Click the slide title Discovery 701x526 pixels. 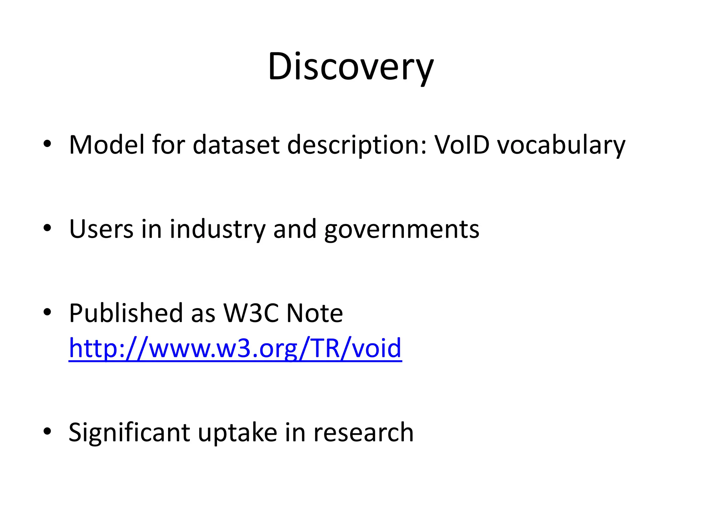pyautogui.click(x=350, y=67)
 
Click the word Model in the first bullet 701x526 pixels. pyautogui.click(x=107, y=145)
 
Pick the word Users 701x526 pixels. pyautogui.click(x=101, y=229)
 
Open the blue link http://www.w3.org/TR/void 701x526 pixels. pyautogui.click(x=235, y=349)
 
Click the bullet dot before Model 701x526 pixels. pyautogui.click(x=47, y=144)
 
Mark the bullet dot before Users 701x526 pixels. pyautogui.click(x=47, y=228)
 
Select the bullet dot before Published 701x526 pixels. pyautogui.click(x=47, y=312)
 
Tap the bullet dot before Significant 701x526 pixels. pyautogui.click(x=47, y=431)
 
